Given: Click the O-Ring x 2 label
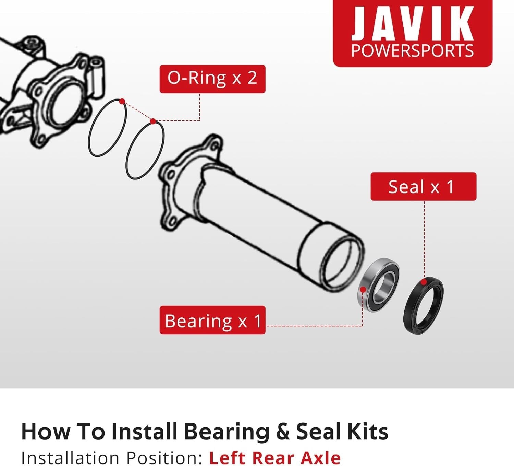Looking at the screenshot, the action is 212,79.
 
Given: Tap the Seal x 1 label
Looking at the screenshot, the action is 423,186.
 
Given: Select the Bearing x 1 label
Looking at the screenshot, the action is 212,320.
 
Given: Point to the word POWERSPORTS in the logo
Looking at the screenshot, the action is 412,50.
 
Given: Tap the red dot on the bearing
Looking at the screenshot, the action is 363,290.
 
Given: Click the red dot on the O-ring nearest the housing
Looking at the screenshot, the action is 122,101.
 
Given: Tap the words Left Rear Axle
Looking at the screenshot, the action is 275,457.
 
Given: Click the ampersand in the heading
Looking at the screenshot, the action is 283,432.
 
